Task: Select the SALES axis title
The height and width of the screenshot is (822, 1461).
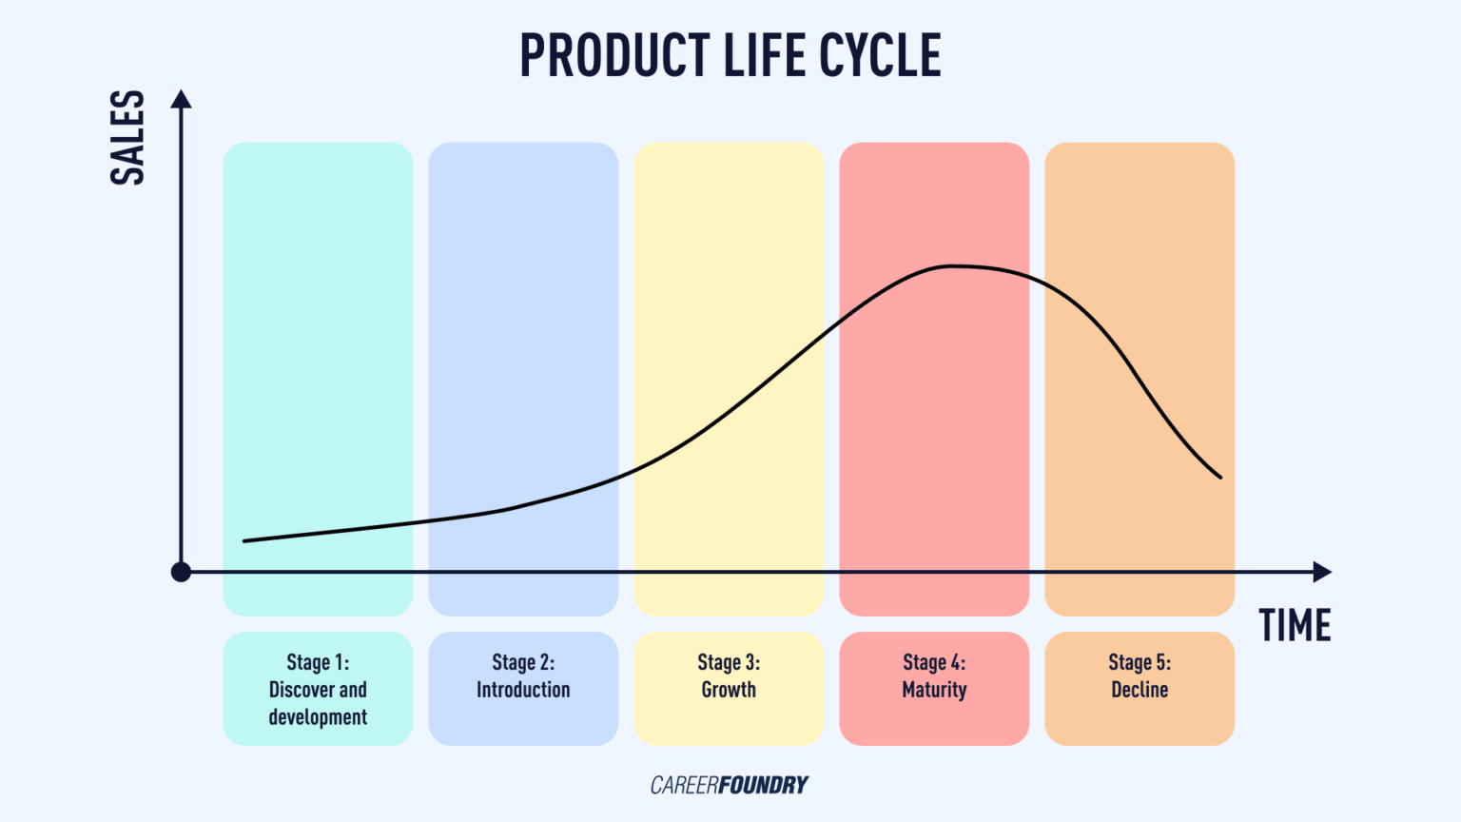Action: tap(127, 138)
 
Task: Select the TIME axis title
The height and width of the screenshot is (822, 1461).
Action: tap(1295, 626)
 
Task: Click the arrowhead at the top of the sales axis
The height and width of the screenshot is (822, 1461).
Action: tap(181, 99)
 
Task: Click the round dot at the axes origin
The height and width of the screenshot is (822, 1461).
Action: tap(181, 572)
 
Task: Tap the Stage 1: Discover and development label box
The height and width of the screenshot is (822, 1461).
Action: tap(318, 689)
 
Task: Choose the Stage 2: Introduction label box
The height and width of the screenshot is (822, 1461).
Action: tap(523, 689)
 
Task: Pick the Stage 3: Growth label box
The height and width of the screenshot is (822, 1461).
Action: tap(729, 689)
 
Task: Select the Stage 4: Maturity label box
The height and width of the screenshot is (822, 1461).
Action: tap(934, 689)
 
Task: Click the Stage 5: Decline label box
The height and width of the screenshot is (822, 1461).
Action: tap(1140, 689)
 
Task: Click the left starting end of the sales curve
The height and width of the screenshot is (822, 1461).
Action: tap(245, 541)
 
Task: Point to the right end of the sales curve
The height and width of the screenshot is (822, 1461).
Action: tap(1220, 477)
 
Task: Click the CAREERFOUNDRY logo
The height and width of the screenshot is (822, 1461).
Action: tap(729, 785)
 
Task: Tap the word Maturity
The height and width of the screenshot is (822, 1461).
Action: tap(934, 691)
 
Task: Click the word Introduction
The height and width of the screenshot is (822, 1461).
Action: tap(523, 691)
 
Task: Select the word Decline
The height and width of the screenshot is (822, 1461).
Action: tap(1140, 691)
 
